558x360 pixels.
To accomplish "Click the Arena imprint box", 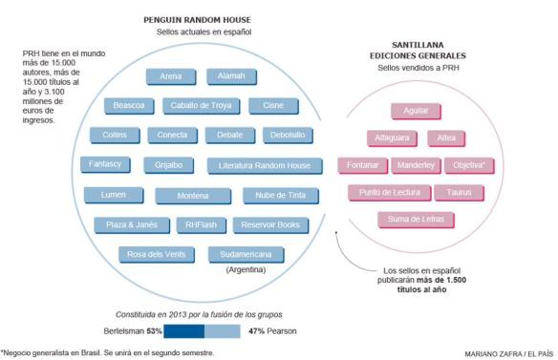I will pyautogui.click(x=171, y=76).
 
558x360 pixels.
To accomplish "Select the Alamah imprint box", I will pyautogui.click(x=230, y=76).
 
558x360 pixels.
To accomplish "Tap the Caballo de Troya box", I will pyautogui.click(x=202, y=105).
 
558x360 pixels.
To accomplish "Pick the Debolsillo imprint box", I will pyautogui.click(x=287, y=135).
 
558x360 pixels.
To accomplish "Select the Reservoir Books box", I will pyautogui.click(x=270, y=225).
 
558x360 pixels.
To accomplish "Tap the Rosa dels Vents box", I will pyautogui.click(x=157, y=254).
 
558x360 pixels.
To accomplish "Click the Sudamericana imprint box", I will pyautogui.click(x=247, y=254).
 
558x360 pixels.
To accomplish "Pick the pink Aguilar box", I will pyautogui.click(x=416, y=111).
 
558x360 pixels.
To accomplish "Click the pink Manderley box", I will pyautogui.click(x=415, y=165).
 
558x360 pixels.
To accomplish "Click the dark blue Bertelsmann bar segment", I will pyautogui.click(x=184, y=330).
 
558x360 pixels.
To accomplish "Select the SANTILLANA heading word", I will pyautogui.click(x=417, y=44).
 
